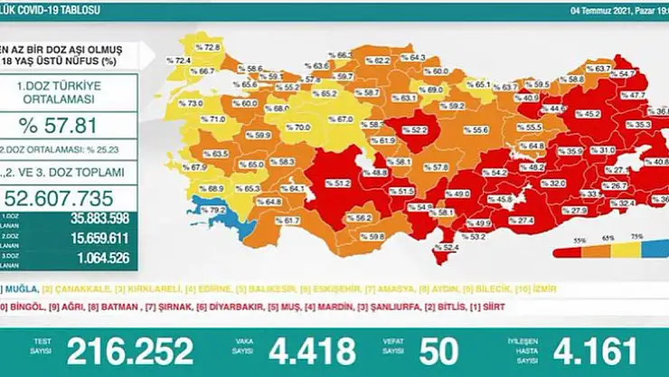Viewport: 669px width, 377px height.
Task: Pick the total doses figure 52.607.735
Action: (x=69, y=198)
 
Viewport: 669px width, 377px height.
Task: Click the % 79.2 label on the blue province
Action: (x=214, y=211)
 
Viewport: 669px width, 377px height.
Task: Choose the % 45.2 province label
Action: (x=589, y=115)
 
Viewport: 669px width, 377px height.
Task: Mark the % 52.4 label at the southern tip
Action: (x=448, y=248)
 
